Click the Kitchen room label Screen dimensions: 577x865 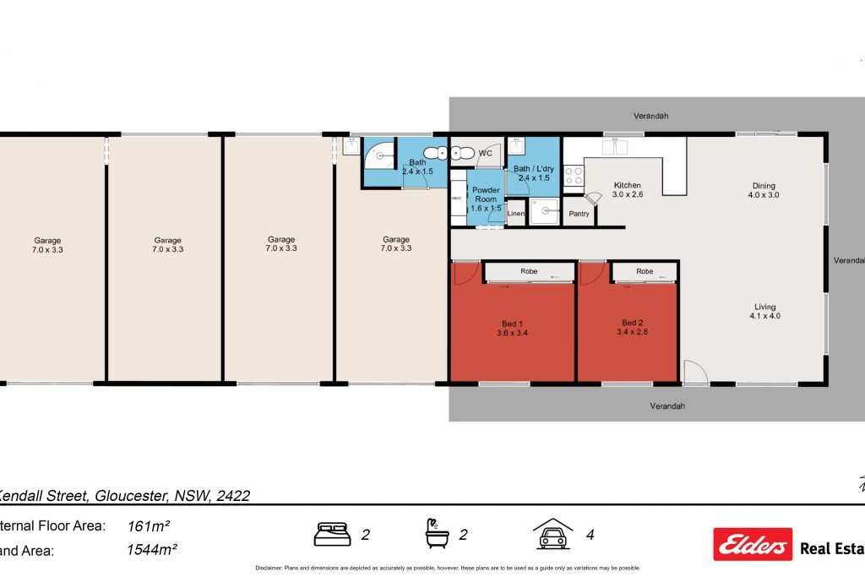point(627,185)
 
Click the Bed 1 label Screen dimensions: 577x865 point(513,323)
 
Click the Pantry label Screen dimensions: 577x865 point(579,214)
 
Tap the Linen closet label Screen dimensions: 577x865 point(516,214)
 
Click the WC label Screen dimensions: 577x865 point(486,153)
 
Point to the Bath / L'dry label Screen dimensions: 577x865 point(532,169)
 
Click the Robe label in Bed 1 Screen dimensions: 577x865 point(529,272)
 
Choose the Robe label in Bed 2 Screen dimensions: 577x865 point(645,272)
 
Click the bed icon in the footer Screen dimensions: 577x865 point(333,534)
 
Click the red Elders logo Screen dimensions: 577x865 point(753,544)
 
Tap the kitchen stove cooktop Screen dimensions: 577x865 point(574,176)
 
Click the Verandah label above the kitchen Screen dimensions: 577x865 point(651,117)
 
